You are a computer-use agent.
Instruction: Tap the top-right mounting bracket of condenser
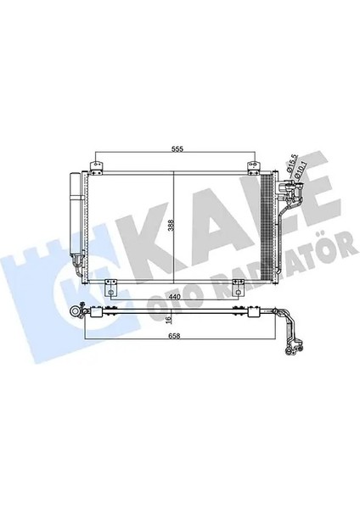pyautogui.click(x=252, y=164)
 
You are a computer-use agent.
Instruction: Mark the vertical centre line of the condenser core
pyautogui.click(x=175, y=255)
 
